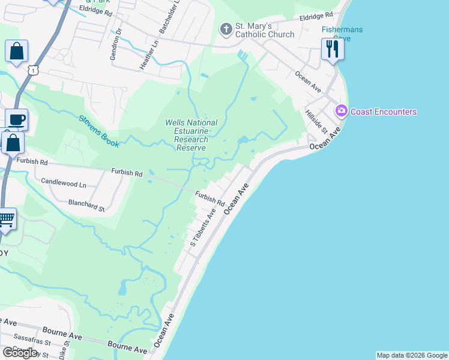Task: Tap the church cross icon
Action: pos(226,28)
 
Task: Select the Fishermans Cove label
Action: pos(343,33)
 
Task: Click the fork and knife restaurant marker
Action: pos(333,49)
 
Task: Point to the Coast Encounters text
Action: pos(384,112)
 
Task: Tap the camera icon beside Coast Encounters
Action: pos(342,110)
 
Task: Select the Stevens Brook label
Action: pos(99,131)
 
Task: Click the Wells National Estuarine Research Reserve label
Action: pos(191,135)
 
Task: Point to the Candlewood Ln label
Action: pos(64,181)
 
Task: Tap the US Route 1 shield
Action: pos(32,70)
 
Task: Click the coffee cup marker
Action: pos(16,119)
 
